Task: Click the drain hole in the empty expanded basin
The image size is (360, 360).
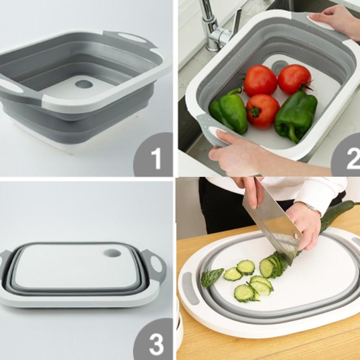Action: (83, 84)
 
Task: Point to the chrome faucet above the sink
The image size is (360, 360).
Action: (214, 27)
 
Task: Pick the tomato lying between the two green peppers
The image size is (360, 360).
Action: (262, 111)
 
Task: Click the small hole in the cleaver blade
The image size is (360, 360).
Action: (297, 237)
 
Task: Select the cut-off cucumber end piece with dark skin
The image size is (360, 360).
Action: (212, 276)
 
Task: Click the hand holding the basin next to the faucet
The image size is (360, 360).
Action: (333, 20)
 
